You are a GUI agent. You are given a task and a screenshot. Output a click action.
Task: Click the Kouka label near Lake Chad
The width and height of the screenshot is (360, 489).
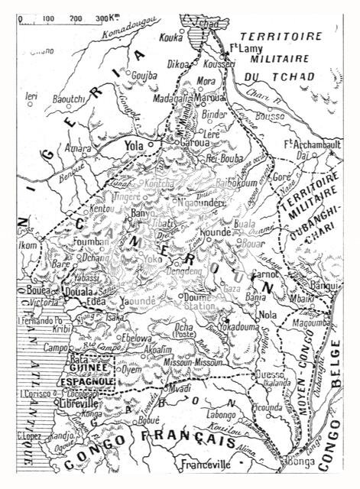[173, 37]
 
